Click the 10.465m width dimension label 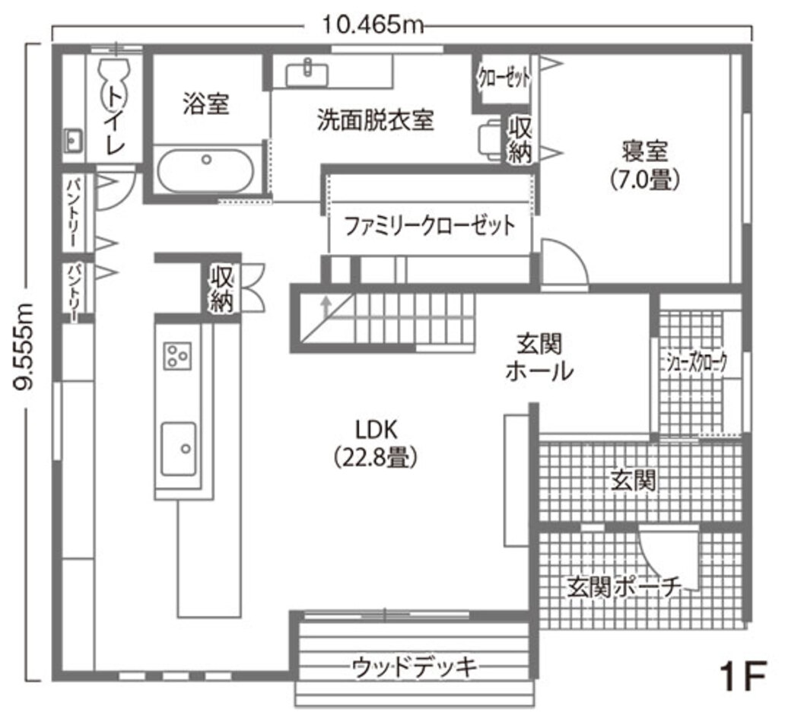pos(372,25)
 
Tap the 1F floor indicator pos(742,675)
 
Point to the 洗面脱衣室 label pos(375,120)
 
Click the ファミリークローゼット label pos(429,226)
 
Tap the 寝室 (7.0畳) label pos(644,164)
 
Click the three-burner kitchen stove pos(177,354)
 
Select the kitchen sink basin pos(178,448)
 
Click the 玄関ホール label pos(539,358)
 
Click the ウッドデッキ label pos(415,667)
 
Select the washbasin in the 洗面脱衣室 pos(307,73)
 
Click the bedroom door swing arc pos(564,262)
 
